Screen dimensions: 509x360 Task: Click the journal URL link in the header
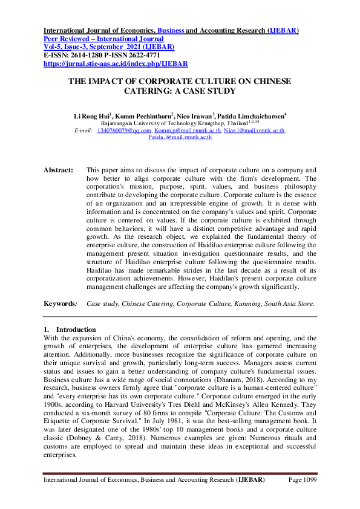(116, 63)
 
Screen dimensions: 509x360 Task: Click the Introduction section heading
(81, 329)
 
